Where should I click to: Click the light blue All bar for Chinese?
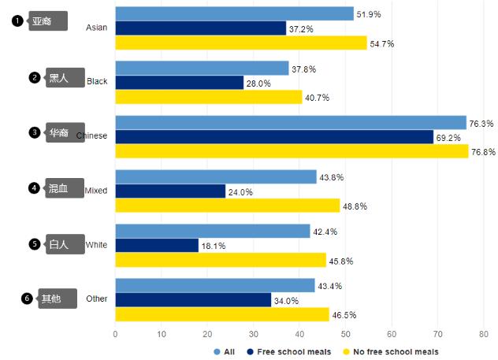coord(291,122)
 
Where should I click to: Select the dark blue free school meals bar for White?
coord(157,245)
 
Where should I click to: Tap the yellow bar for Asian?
coord(241,43)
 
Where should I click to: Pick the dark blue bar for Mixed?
coord(170,191)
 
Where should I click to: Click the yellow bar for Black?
coord(209,97)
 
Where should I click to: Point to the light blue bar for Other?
coord(215,285)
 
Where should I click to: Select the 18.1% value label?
coord(214,246)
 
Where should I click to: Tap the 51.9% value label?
coord(369,14)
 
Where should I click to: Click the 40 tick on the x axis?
coord(299,334)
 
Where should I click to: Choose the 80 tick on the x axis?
coord(484,334)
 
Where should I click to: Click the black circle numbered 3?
coord(35,132)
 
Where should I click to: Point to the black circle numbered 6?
coord(28,299)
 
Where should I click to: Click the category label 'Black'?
coord(97,81)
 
